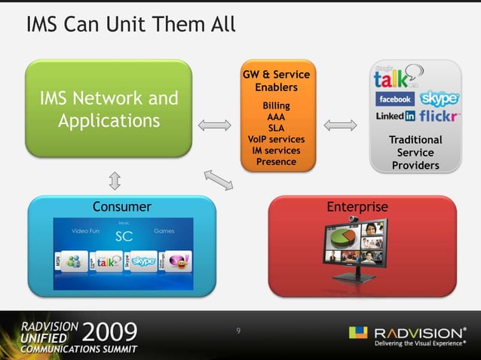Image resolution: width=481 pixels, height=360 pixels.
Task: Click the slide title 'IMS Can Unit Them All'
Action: click(x=130, y=25)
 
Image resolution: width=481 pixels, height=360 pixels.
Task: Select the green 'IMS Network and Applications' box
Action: click(x=109, y=109)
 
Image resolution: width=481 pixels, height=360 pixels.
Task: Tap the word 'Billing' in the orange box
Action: click(x=276, y=106)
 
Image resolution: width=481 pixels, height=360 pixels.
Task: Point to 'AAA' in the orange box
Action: click(x=276, y=117)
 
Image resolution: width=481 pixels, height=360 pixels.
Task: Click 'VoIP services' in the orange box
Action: click(x=276, y=139)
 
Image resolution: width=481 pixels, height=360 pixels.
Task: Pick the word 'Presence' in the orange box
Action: click(x=276, y=161)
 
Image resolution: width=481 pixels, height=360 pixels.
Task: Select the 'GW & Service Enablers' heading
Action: click(x=276, y=81)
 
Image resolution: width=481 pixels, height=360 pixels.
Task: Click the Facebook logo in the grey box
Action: click(x=394, y=99)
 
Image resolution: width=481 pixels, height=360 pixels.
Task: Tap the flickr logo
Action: click(x=440, y=117)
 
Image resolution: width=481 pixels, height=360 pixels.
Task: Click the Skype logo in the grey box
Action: click(x=439, y=99)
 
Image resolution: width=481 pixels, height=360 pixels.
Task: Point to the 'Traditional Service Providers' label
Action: click(x=415, y=152)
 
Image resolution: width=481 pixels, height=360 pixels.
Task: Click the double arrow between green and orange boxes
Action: click(x=216, y=124)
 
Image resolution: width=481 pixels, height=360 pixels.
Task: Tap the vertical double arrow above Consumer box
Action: click(x=115, y=179)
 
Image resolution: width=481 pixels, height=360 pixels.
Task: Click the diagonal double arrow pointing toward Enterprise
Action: click(x=219, y=180)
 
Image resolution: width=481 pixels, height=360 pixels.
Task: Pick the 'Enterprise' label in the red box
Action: click(x=357, y=206)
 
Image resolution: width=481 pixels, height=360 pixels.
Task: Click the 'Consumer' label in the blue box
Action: click(x=122, y=206)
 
